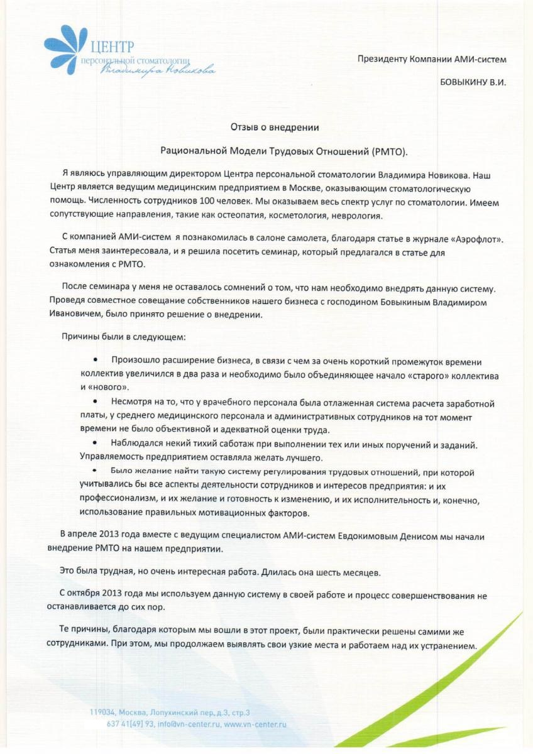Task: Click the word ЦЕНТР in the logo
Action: pyautogui.click(x=113, y=46)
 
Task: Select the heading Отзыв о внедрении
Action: pyautogui.click(x=275, y=128)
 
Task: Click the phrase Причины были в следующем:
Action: pyautogui.click(x=123, y=337)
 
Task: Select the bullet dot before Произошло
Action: pyautogui.click(x=94, y=359)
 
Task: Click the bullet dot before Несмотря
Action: pyautogui.click(x=94, y=401)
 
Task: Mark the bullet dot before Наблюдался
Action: pyautogui.click(x=94, y=444)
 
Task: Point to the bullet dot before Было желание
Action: pyautogui.click(x=94, y=471)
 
